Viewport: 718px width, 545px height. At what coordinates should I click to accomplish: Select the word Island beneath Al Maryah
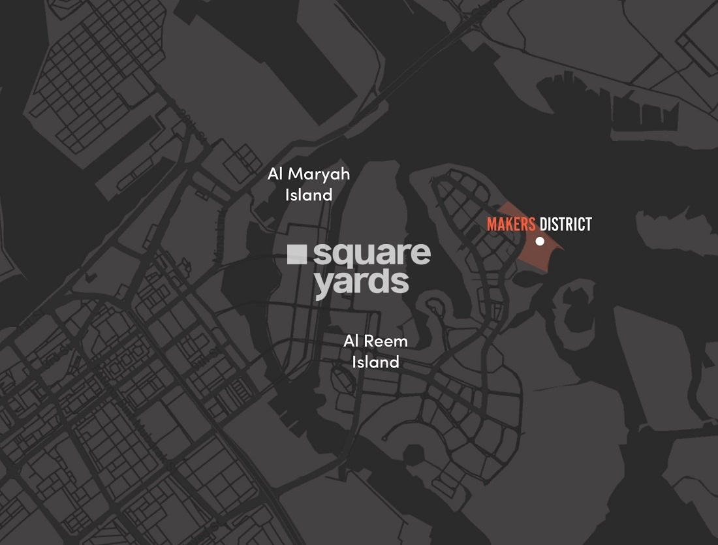309,195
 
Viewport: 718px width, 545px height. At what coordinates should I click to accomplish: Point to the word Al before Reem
352,341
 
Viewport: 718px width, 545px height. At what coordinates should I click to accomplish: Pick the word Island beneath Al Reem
375,362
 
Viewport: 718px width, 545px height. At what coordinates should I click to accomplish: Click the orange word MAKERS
511,225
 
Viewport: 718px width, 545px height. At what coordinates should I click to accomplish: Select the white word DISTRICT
565,225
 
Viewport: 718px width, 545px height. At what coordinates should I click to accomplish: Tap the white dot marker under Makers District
540,241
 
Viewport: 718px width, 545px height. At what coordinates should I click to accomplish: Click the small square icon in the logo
297,255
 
